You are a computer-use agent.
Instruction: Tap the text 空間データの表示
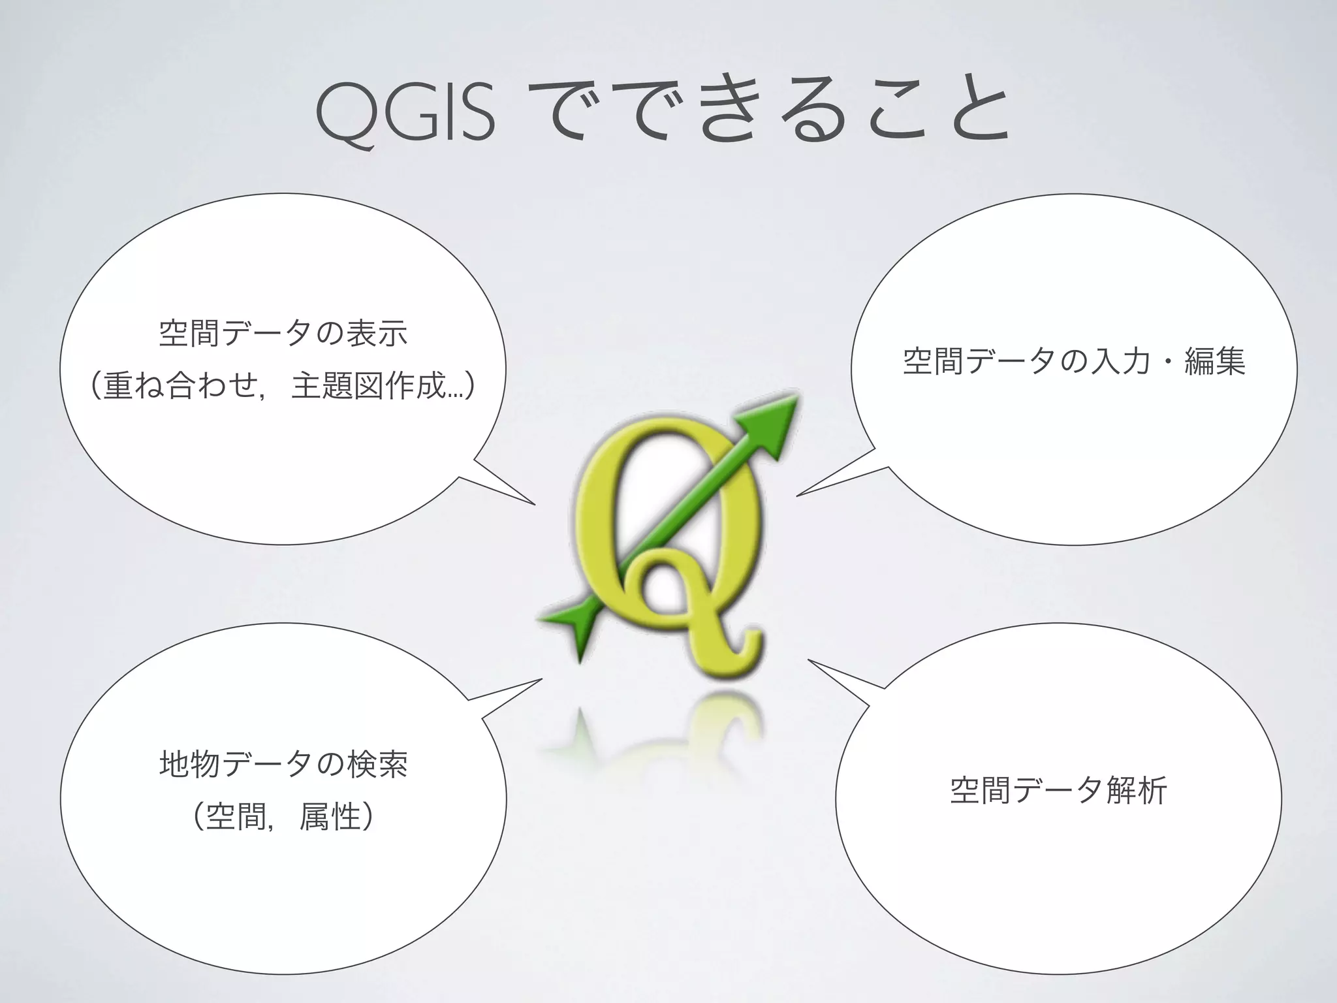pos(283,333)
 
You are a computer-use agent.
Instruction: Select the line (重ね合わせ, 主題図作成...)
pos(283,385)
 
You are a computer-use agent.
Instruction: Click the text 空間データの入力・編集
pos(1074,361)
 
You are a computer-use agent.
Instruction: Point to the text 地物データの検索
pos(283,764)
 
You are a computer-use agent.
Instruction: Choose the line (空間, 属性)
pos(283,816)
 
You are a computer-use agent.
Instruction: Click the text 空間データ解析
pos(1058,791)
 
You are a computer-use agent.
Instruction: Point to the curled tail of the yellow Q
pos(738,653)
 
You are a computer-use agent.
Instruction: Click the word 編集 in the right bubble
pos(1214,361)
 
